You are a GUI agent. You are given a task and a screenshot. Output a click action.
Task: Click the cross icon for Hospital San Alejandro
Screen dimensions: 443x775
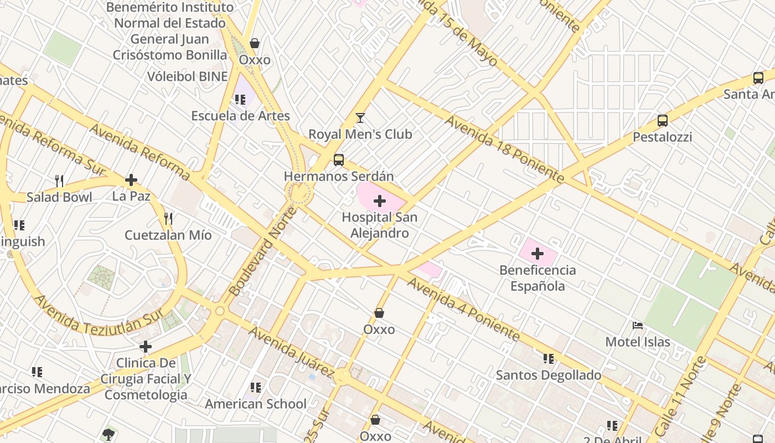pos(380,201)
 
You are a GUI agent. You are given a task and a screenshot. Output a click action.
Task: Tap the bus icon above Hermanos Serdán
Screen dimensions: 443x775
pos(339,160)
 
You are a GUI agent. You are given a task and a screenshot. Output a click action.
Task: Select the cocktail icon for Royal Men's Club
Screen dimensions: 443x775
pos(360,117)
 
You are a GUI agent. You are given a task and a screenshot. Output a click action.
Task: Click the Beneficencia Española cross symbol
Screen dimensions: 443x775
pos(537,254)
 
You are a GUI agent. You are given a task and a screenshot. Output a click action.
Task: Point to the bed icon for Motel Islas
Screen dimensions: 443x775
pos(638,326)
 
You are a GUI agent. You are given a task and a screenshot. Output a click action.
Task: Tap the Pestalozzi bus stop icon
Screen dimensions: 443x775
pos(662,120)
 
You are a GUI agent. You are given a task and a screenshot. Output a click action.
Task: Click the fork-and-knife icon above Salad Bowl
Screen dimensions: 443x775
pos(59,181)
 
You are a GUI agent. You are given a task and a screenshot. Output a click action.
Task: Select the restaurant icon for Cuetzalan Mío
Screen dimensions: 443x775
pos(168,219)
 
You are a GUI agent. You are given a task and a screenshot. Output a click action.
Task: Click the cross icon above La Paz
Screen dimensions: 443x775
pos(131,180)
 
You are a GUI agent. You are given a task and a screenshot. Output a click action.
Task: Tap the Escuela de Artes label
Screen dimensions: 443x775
pos(240,116)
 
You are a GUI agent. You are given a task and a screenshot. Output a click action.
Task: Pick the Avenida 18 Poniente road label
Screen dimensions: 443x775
pos(504,150)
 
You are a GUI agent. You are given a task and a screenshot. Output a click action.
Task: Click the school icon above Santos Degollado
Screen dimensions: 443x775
pos(548,359)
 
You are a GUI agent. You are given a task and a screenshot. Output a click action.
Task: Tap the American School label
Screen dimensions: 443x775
pos(255,404)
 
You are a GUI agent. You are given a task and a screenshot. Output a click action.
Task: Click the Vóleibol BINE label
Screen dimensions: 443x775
pos(187,76)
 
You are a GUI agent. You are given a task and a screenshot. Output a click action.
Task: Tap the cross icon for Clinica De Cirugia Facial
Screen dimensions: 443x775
pos(146,347)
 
